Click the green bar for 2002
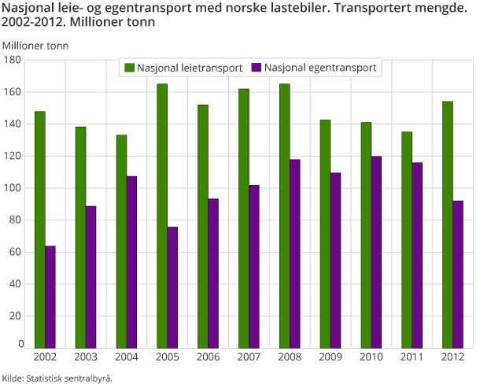39,229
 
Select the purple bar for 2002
50,297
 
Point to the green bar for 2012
447,224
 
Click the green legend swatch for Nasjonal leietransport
130,68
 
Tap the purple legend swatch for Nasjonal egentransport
257,68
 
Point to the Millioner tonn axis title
35,45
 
